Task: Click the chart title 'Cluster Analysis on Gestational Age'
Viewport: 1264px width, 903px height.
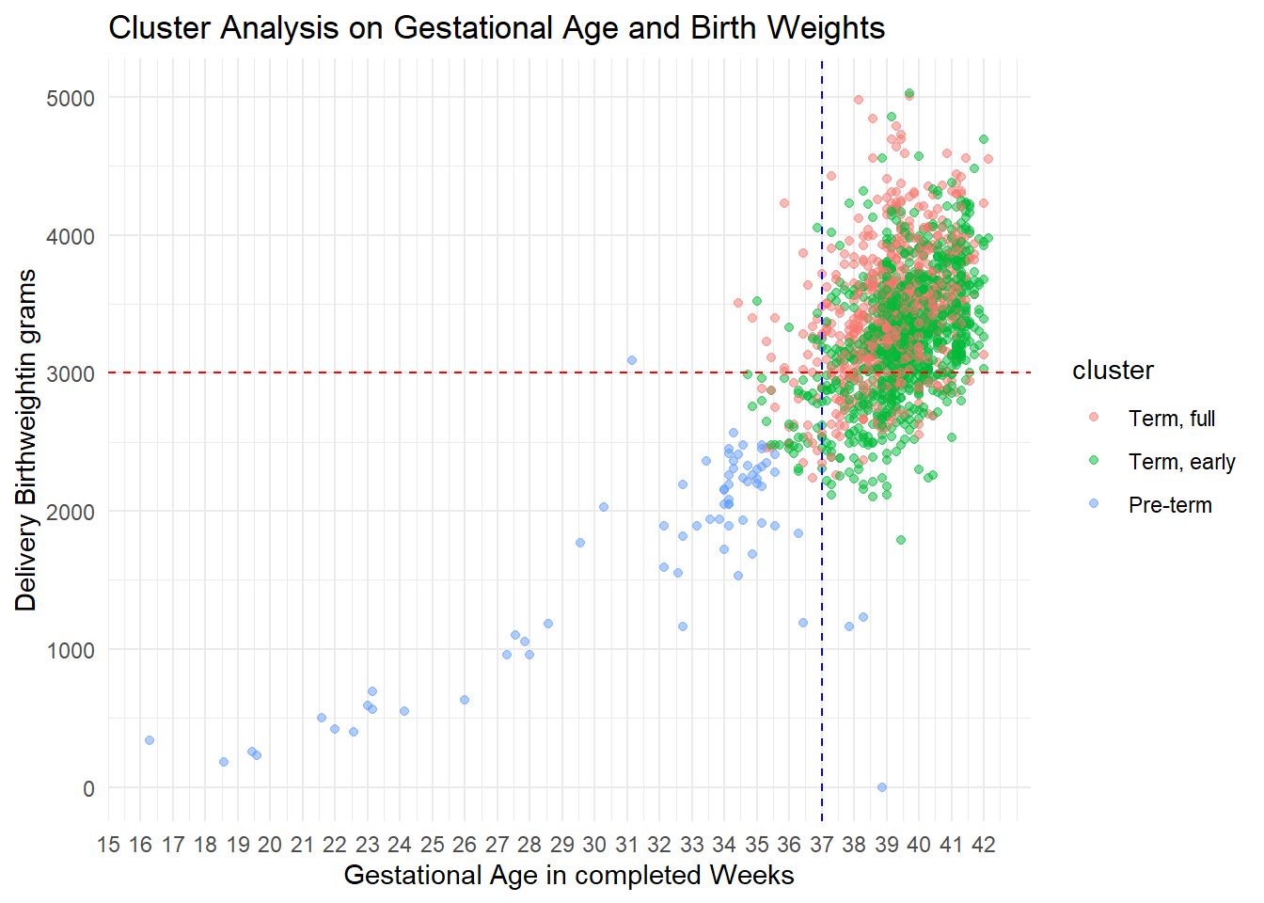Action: point(497,28)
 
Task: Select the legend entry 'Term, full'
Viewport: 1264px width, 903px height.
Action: point(1171,419)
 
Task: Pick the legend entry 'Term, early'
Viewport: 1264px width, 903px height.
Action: point(1181,462)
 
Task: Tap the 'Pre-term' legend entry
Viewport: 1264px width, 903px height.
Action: point(1169,505)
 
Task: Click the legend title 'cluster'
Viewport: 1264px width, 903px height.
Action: point(1113,371)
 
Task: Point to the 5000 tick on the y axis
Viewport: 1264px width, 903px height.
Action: point(71,98)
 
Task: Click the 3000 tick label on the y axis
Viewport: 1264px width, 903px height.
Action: point(71,374)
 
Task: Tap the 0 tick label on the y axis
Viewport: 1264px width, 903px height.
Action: point(88,788)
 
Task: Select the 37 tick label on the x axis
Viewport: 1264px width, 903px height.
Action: point(821,844)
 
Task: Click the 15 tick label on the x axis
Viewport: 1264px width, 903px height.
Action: point(108,844)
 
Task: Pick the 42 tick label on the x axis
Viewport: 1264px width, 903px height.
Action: point(983,844)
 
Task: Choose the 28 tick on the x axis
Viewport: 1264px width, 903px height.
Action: point(529,844)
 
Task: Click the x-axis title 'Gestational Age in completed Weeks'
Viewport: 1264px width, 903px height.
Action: point(568,875)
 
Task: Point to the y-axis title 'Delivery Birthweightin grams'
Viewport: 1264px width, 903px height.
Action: point(26,440)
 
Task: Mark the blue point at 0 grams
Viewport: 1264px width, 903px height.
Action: point(882,787)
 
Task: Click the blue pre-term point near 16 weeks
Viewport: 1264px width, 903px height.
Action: point(150,740)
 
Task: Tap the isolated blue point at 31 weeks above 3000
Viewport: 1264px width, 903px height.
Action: point(632,360)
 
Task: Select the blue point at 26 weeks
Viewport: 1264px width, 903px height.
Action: point(465,700)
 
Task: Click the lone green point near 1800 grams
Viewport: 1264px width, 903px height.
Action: point(901,540)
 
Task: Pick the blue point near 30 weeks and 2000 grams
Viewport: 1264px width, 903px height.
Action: point(604,507)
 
